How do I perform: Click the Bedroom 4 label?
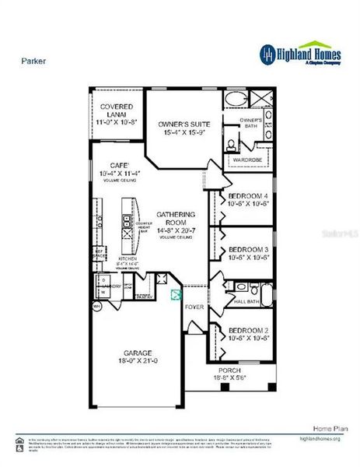pyautogui.click(x=249, y=195)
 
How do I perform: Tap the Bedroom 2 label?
pyautogui.click(x=249, y=331)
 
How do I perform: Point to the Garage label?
pyautogui.click(x=137, y=352)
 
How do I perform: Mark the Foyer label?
pyautogui.click(x=194, y=307)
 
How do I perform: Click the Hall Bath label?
pyautogui.click(x=246, y=300)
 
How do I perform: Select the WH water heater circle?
pyautogui.click(x=96, y=307)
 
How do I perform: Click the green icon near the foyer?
pyautogui.click(x=176, y=294)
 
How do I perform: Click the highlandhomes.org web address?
pyautogui.click(x=320, y=438)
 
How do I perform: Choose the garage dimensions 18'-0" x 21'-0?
pyautogui.click(x=137, y=360)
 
